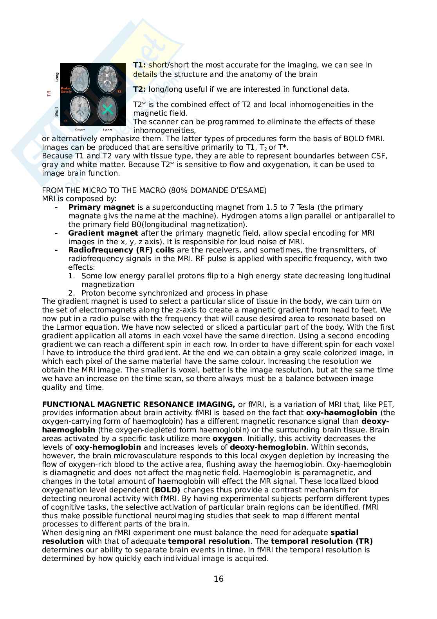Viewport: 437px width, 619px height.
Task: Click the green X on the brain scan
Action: click(107, 109)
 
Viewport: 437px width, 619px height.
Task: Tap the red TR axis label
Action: click(49, 93)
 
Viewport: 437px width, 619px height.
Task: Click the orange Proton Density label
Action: click(66, 91)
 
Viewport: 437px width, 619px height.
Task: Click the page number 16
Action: click(218, 579)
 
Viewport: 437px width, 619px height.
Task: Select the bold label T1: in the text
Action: click(139, 65)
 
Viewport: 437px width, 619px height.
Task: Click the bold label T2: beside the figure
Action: click(139, 89)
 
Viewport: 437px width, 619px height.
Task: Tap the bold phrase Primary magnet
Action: click(101, 207)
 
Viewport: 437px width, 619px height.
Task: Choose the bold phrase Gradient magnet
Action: click(103, 233)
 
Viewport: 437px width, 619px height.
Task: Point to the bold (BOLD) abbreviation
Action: click(166, 490)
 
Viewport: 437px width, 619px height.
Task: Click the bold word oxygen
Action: click(227, 439)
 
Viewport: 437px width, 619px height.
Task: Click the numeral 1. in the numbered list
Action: click(71, 276)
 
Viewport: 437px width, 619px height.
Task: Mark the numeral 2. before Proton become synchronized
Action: click(71, 293)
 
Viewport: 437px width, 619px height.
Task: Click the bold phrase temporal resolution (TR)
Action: click(321, 541)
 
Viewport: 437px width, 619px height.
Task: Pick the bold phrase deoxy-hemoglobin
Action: click(268, 447)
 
